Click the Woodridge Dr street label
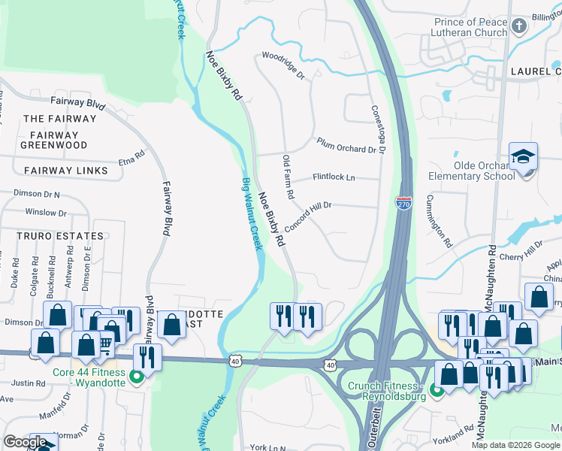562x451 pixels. tap(283, 65)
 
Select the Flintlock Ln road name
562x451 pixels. tap(334, 177)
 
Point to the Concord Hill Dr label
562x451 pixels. tap(308, 215)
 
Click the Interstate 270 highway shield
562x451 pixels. tap(404, 201)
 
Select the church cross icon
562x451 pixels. tap(518, 28)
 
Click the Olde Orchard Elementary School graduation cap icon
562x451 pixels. tap(523, 157)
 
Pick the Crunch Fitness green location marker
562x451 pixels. tap(436, 392)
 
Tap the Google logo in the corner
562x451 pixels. tap(25, 442)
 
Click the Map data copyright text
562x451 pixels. tap(515, 445)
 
